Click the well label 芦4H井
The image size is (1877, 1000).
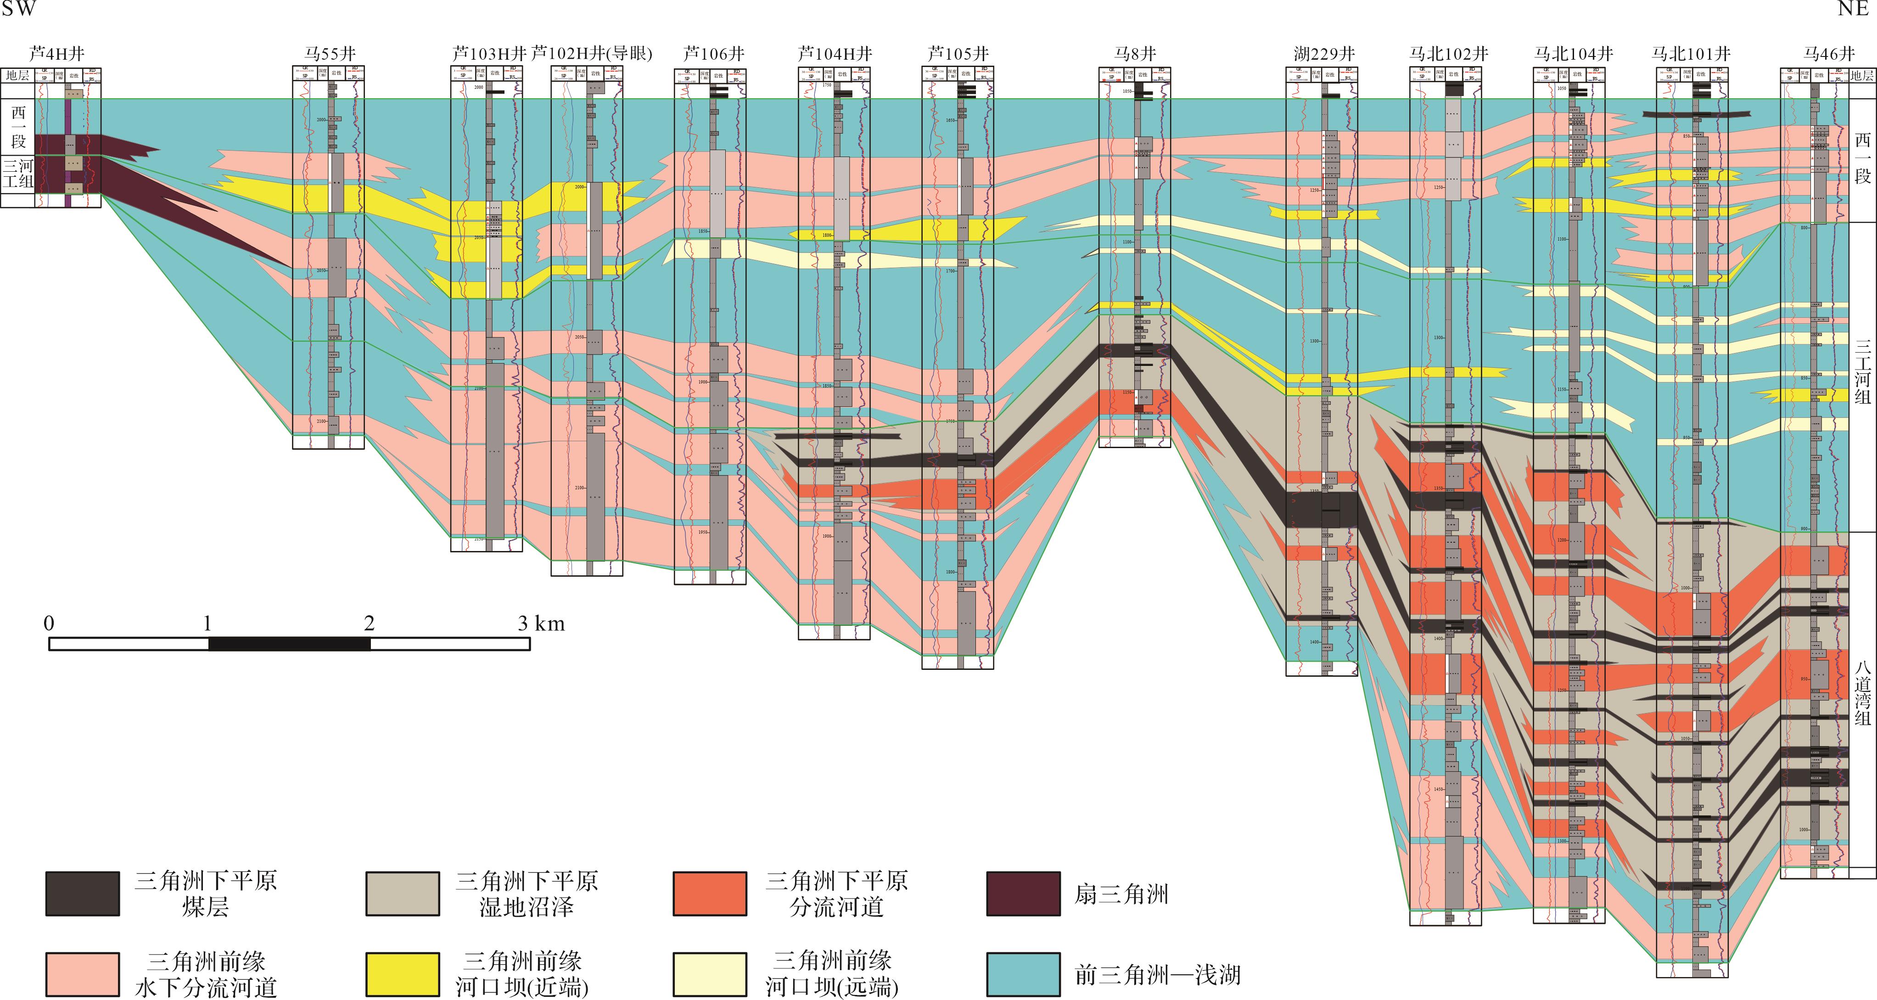tap(57, 53)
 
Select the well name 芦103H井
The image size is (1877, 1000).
tap(489, 53)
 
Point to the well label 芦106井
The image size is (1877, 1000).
tap(713, 53)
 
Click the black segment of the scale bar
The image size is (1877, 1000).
tap(289, 644)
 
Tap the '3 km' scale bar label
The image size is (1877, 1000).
tap(541, 623)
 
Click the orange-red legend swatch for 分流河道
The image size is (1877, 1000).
tap(710, 893)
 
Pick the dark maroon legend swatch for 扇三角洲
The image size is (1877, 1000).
tap(1023, 893)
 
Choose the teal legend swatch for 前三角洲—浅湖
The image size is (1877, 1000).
tap(1023, 974)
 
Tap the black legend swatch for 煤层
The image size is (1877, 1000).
tap(82, 893)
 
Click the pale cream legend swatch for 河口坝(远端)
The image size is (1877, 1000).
tap(710, 974)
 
